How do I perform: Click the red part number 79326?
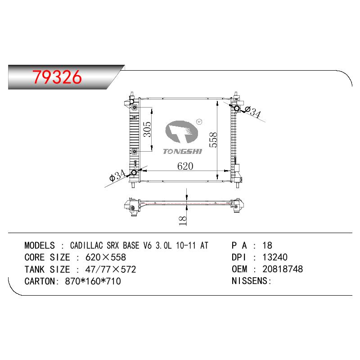[x=57, y=76]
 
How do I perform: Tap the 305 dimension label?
[x=148, y=129]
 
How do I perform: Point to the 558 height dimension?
[x=213, y=139]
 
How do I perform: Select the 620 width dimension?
[x=185, y=166]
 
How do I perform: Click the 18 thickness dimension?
[x=183, y=220]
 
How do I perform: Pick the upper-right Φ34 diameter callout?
[x=252, y=112]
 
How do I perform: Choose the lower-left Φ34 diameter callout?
[x=117, y=175]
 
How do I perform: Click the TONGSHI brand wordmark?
[x=183, y=151]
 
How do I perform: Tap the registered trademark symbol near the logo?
[x=199, y=121]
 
